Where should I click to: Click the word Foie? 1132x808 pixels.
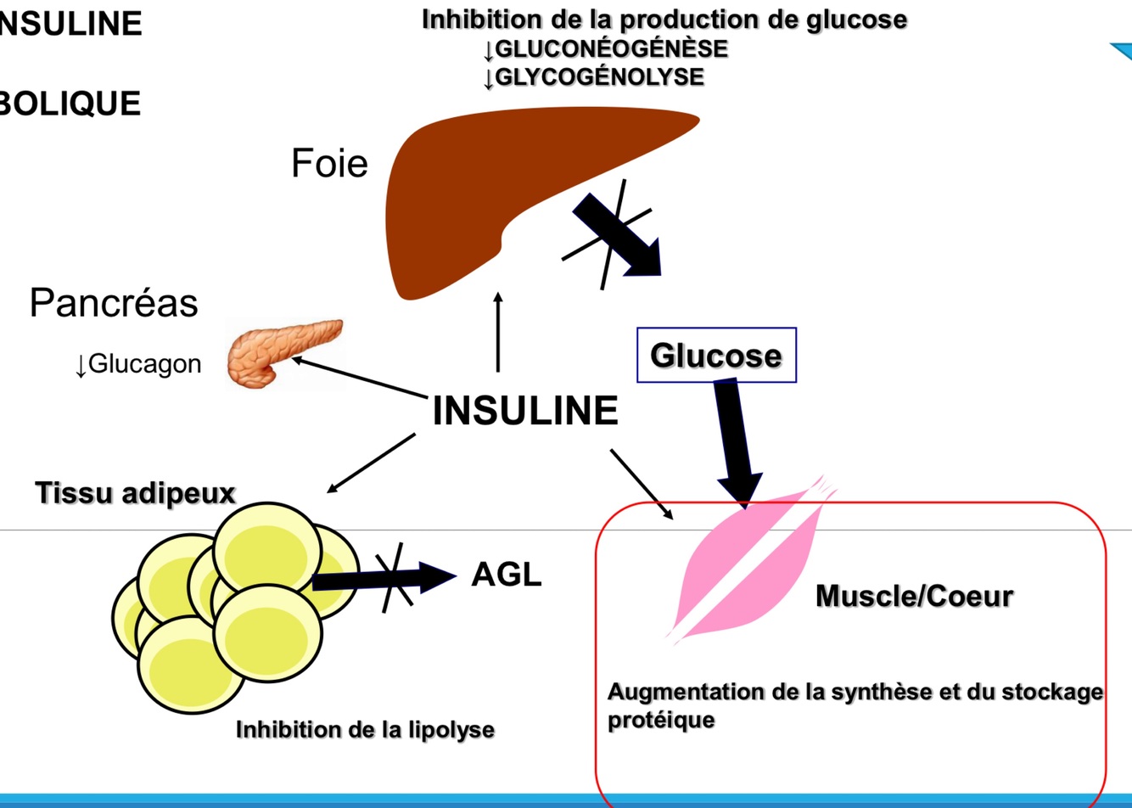coord(329,163)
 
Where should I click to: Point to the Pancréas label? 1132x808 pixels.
coord(114,303)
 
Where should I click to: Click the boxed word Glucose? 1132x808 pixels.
coord(715,356)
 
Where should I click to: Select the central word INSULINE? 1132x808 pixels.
coord(525,411)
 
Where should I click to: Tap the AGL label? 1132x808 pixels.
coord(507,575)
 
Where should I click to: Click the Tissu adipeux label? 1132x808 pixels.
coord(135,492)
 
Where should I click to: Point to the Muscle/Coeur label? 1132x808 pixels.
coord(914,596)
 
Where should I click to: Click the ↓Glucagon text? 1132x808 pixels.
coord(137,364)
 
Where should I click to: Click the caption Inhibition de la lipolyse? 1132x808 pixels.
coord(365,729)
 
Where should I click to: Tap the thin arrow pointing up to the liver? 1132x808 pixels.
coord(498,333)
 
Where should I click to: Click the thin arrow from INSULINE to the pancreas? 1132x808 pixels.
coord(360,377)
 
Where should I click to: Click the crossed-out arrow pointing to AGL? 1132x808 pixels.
coord(386,577)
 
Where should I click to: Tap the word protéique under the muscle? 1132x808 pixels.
coord(661,721)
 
